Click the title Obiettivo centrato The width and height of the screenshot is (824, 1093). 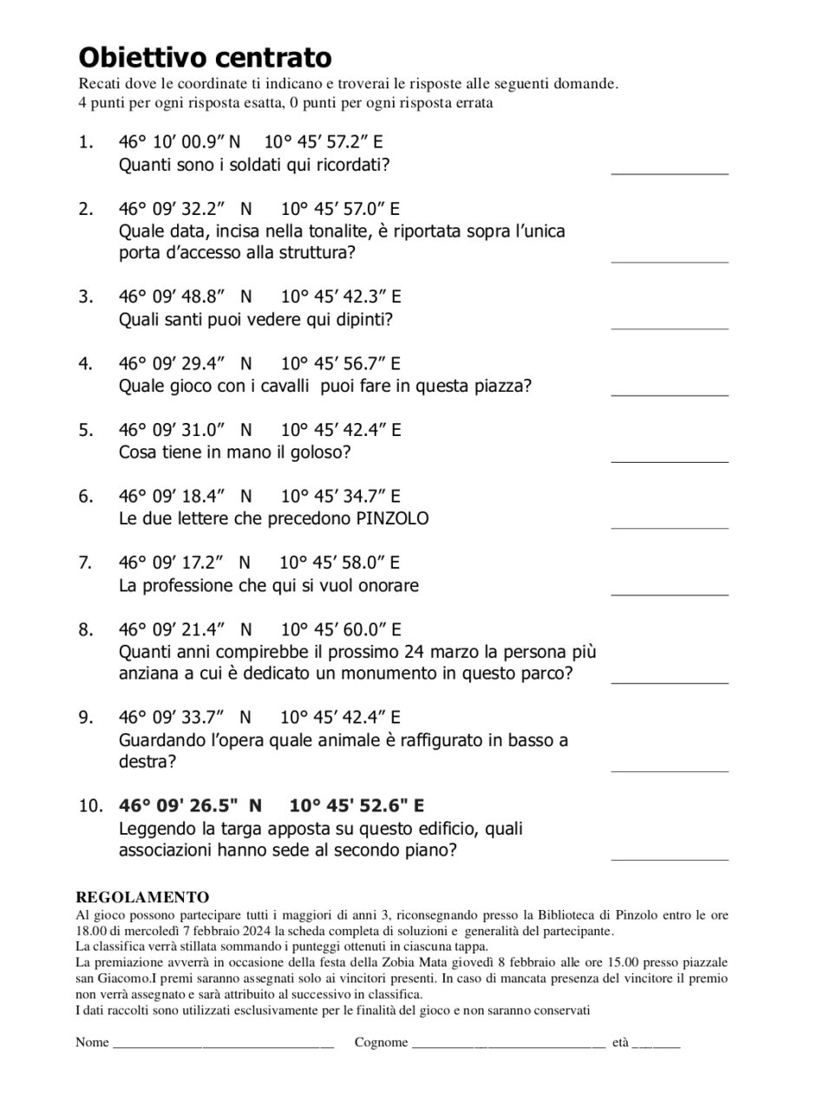coord(205,57)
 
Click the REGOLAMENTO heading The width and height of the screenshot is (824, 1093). coord(142,897)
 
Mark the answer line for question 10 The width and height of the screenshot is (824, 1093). coord(669,858)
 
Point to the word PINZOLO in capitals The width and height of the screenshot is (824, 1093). coord(392,518)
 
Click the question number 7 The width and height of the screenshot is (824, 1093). coord(85,563)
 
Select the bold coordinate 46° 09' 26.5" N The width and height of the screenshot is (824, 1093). coord(190,805)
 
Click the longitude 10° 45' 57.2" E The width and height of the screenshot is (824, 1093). coord(323,142)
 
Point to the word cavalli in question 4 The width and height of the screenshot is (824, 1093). coord(284,386)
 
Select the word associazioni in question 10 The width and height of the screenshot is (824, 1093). coord(165,850)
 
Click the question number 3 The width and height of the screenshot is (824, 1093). coord(85,296)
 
